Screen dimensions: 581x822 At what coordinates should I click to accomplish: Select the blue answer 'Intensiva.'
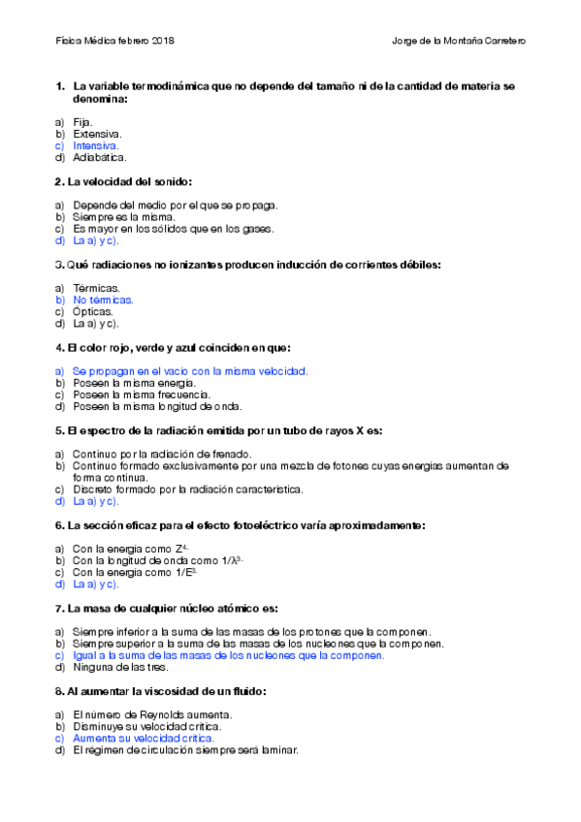(96, 145)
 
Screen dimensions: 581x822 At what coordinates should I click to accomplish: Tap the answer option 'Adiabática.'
(100, 157)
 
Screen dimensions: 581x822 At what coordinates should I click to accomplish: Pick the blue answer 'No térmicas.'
(103, 300)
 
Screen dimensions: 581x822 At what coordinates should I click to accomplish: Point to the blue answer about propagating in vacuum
(190, 371)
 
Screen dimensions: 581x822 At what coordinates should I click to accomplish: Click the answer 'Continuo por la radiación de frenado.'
(162, 454)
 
